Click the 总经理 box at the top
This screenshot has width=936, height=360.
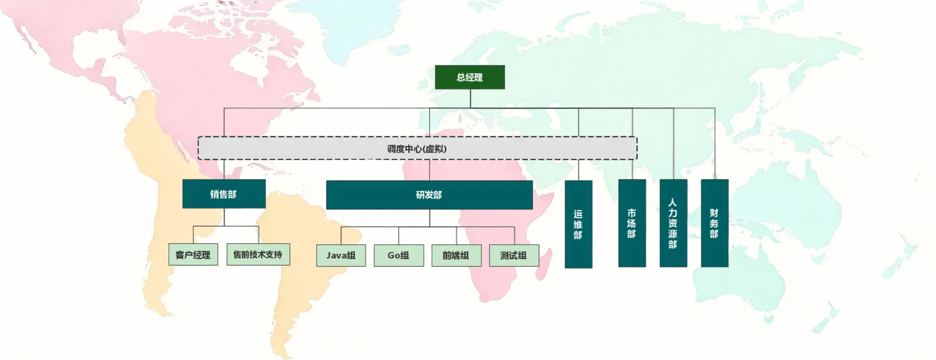pos(469,77)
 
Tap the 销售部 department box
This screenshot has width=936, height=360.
pos(224,194)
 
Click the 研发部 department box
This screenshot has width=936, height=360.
pos(429,195)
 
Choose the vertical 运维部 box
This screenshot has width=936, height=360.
pos(578,224)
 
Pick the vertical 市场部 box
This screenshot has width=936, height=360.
pos(632,223)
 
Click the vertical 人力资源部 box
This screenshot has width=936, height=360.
pos(673,223)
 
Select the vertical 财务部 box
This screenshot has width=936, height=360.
pos(714,223)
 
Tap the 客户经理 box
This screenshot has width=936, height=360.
pos(193,255)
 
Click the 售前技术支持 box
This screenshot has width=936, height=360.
pos(258,254)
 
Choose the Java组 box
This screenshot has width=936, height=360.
pos(341,255)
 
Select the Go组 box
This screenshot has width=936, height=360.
pos(399,255)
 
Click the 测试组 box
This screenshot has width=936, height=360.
pos(514,255)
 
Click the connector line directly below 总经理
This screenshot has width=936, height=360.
pos(470,98)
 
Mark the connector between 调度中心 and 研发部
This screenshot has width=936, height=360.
pos(429,170)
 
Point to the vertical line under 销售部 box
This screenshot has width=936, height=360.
pos(224,217)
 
